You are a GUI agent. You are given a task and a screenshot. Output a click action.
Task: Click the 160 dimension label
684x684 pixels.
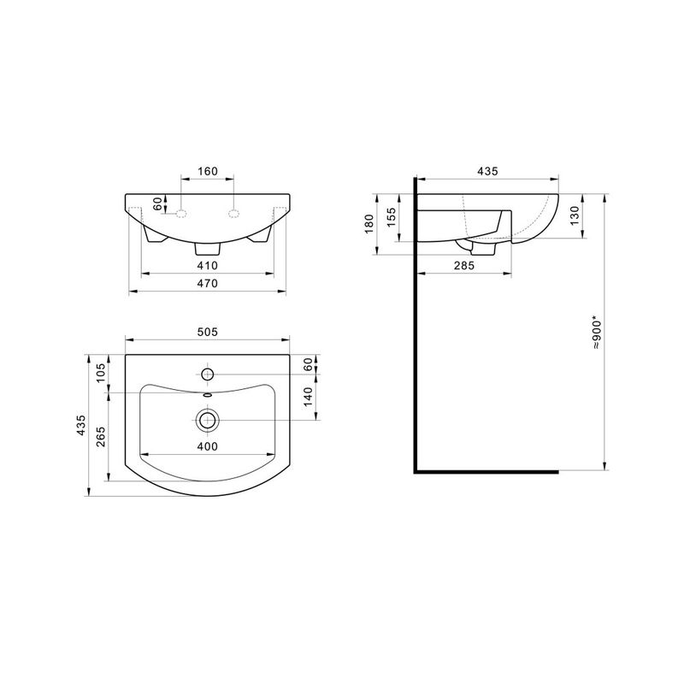point(208,172)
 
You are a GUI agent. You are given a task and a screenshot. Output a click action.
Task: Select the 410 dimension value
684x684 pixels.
point(208,265)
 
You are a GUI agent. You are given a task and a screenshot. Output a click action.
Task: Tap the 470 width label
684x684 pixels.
point(208,284)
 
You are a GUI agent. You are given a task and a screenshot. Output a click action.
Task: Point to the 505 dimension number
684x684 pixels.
point(208,332)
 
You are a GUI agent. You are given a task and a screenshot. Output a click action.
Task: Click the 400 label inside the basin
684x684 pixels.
point(208,446)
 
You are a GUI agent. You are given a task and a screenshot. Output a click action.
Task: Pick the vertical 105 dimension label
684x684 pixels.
point(101,373)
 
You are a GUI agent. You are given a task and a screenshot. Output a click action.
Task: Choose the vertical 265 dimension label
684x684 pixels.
point(101,437)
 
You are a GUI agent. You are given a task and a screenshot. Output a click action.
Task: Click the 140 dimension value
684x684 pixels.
point(308,397)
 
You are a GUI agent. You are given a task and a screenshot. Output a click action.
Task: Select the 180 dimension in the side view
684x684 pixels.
point(369,224)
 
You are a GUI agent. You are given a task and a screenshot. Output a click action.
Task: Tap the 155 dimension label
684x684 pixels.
point(392,217)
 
